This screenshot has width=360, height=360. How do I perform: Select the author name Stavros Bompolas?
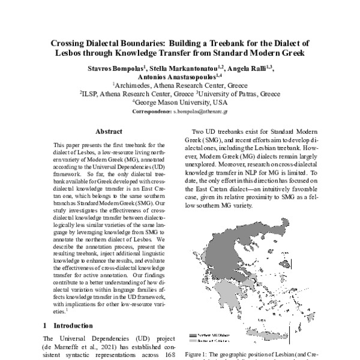click(112, 68)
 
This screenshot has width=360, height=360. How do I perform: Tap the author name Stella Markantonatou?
click(187, 68)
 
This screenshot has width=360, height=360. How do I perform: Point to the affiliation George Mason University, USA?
click(179, 103)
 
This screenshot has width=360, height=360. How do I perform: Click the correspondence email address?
click(208, 112)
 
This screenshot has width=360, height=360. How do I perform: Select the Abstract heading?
click(109, 131)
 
